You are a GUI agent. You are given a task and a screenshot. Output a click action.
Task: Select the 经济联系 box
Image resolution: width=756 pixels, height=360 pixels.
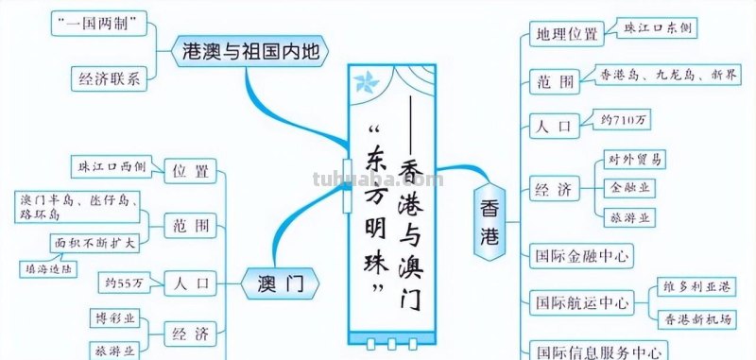pos(110,79)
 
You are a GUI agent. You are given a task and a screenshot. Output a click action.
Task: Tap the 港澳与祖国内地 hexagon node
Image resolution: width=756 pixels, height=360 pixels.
pos(250,52)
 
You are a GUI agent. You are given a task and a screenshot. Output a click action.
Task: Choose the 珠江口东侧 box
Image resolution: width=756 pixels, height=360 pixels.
pos(658,29)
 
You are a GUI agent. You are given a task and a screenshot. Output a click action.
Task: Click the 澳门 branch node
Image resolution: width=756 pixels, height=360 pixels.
pos(280,282)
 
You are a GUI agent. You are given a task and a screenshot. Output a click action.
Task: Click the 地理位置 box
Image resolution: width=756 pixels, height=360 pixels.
pos(565,35)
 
